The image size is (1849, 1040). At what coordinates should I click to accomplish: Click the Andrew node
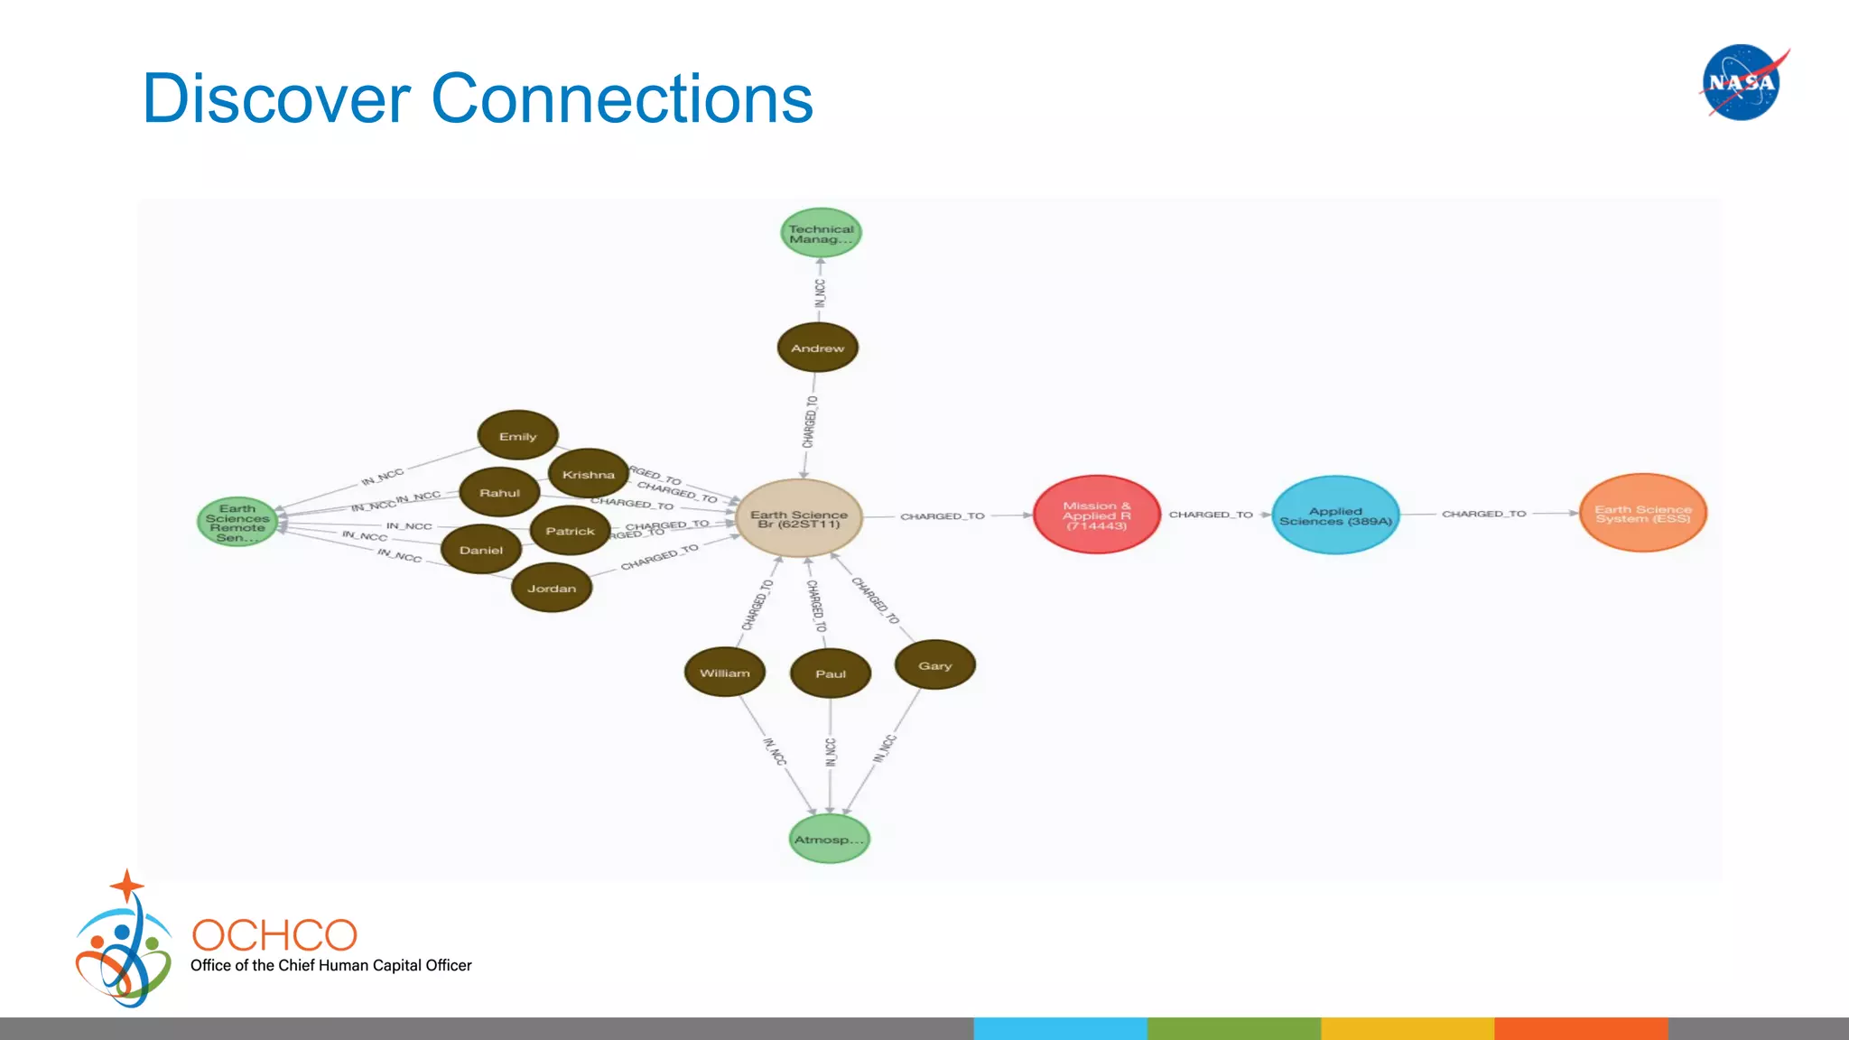[817, 348]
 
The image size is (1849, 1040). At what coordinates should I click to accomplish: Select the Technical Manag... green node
[821, 234]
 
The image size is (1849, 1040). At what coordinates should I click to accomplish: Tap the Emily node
[517, 436]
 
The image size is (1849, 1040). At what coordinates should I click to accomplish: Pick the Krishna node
[588, 474]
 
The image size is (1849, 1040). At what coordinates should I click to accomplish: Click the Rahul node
[499, 493]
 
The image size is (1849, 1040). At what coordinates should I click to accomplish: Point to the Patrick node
[570, 531]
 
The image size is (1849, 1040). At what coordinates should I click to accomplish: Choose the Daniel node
[480, 550]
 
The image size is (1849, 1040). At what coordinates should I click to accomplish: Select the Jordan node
[552, 588]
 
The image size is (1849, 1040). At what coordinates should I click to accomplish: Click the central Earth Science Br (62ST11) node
[799, 518]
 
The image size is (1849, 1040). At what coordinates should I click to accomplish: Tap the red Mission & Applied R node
[1096, 515]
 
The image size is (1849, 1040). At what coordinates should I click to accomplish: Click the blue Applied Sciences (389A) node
[1335, 515]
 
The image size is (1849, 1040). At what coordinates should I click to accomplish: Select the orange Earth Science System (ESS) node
[1642, 513]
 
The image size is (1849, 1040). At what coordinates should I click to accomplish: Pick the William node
[724, 673]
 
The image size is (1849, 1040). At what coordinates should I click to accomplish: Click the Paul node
[830, 673]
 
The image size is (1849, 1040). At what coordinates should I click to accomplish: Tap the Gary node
[934, 665]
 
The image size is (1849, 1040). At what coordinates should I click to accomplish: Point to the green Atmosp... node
[828, 839]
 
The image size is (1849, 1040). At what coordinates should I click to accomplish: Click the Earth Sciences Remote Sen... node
[237, 522]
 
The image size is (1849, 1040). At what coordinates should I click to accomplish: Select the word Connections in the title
[622, 98]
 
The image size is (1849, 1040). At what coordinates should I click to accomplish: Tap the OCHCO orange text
[274, 935]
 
